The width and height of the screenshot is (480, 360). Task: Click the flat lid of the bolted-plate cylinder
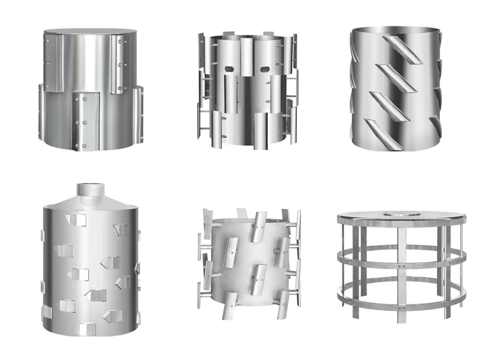(x=90, y=31)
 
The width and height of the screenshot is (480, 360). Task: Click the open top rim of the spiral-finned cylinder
(x=396, y=29)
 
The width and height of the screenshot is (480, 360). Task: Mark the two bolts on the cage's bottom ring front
(x=402, y=308)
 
